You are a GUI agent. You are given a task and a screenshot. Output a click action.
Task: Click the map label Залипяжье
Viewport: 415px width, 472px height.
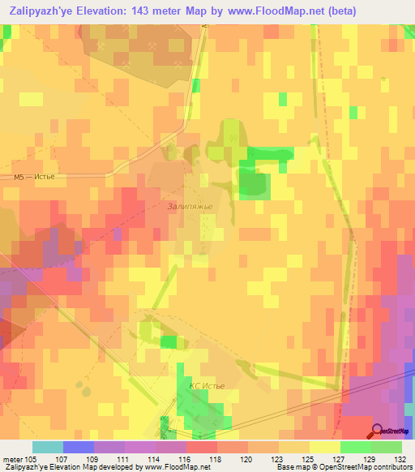[x=190, y=206]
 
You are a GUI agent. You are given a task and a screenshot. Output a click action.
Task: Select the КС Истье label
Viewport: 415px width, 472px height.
[x=206, y=386]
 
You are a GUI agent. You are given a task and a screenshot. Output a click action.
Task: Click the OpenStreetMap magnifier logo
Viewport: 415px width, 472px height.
[x=379, y=431]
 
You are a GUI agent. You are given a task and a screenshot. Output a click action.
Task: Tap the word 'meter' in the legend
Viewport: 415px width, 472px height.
[x=14, y=458]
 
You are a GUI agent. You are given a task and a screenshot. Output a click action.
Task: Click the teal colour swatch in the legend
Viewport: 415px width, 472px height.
[x=48, y=447]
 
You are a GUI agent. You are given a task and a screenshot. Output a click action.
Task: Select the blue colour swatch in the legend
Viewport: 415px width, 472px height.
[x=79, y=447]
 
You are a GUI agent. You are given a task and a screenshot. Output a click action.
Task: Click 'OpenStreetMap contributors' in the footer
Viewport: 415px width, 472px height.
[x=371, y=467]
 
